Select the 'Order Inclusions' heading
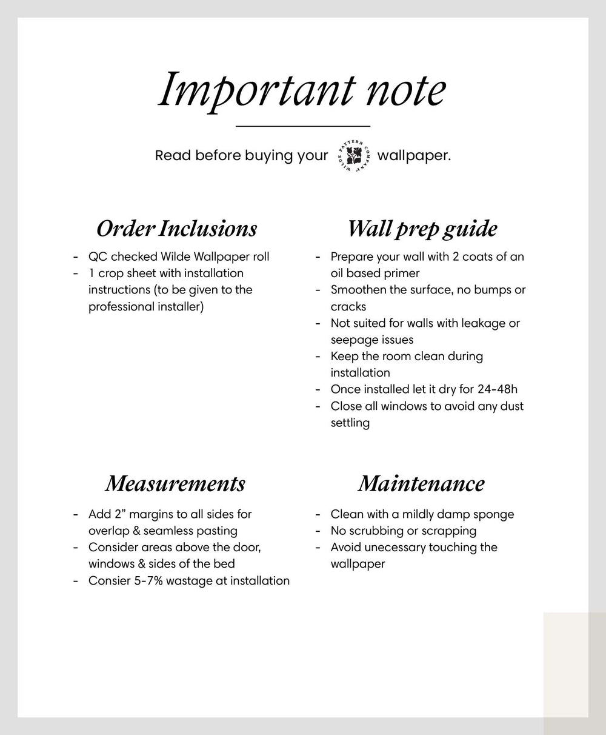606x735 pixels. tap(176, 229)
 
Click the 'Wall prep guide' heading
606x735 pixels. tap(422, 229)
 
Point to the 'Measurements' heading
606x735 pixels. tap(175, 484)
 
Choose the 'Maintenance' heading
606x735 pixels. tap(421, 484)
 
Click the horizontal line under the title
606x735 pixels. tap(302, 126)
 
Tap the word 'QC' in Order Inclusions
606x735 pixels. tap(98, 257)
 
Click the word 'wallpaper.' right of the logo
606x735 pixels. tap(414, 156)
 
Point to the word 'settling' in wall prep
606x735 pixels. tap(350, 423)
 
